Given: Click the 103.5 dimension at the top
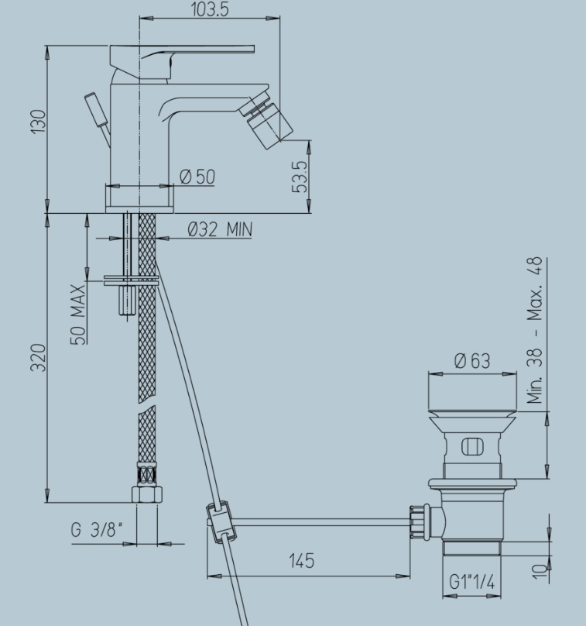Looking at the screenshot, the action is click(x=211, y=9).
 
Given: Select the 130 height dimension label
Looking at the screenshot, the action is click(x=39, y=122).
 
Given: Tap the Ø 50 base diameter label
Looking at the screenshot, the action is click(x=197, y=177).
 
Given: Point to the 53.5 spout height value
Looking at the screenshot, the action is click(x=300, y=177).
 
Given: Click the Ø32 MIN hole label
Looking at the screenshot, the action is click(x=220, y=229).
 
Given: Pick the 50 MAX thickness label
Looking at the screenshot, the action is click(x=78, y=315).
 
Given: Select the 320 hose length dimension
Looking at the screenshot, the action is click(x=39, y=357).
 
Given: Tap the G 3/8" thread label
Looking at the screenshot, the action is click(x=96, y=530).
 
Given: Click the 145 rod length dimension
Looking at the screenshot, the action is click(x=302, y=560).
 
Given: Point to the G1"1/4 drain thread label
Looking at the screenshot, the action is click(x=472, y=582).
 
